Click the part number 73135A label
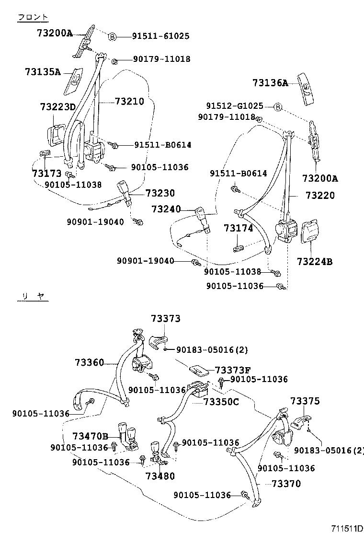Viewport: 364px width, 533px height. click(x=43, y=72)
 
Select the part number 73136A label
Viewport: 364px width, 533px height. click(x=270, y=83)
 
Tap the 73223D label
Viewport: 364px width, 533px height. click(x=57, y=106)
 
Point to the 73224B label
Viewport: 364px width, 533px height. click(x=314, y=262)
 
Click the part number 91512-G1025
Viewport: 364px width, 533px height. click(x=235, y=106)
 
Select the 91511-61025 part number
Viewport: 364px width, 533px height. click(x=161, y=36)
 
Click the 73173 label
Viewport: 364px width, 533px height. click(x=46, y=173)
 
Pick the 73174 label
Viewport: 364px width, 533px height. click(x=238, y=229)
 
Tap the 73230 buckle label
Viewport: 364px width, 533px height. click(x=160, y=193)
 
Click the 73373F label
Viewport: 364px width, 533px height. click(x=233, y=370)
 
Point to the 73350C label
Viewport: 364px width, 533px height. click(x=221, y=402)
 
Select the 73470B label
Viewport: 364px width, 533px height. click(x=91, y=436)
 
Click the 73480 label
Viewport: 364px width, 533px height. click(x=160, y=476)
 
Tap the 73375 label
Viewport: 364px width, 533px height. click(x=305, y=401)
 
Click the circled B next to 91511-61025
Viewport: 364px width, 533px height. click(x=111, y=36)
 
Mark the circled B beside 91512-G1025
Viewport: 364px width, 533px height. click(x=277, y=106)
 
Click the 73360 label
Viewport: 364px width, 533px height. click(x=89, y=362)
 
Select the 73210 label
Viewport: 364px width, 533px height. click(x=129, y=102)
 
